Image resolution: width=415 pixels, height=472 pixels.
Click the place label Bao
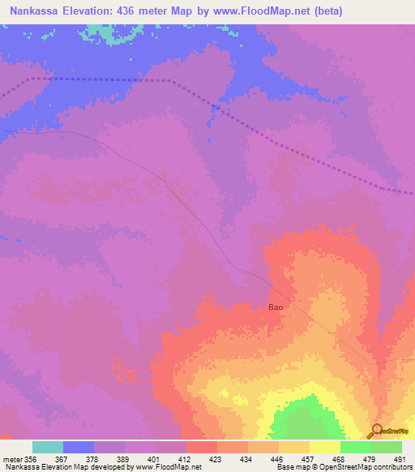coord(276,307)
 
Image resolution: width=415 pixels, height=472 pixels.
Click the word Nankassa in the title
coord(33,11)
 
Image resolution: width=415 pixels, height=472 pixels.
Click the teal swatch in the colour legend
coord(48,447)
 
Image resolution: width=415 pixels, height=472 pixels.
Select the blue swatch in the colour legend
coord(79,447)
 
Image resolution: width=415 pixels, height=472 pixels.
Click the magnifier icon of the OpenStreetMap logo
coord(376,430)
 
